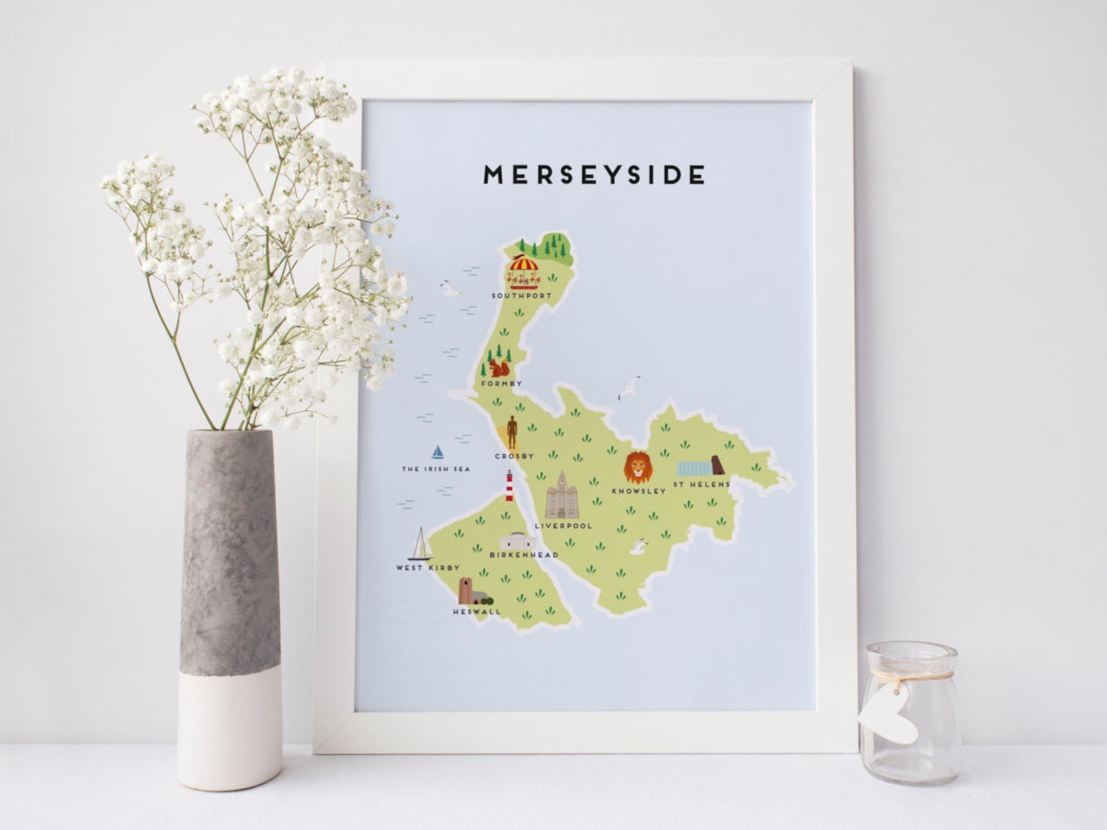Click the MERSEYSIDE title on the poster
[x=595, y=174]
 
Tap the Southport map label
[x=521, y=296]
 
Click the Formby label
[x=501, y=384]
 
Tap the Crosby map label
[x=514, y=456]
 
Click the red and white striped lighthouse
[x=510, y=485]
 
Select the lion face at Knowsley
[x=638, y=467]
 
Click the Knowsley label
[x=638, y=491]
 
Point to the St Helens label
[x=701, y=484]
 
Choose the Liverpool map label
[x=563, y=526]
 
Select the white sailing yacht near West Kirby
[x=420, y=544]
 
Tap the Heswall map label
[x=477, y=612]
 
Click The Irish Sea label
[x=436, y=469]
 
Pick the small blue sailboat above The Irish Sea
[x=438, y=452]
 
